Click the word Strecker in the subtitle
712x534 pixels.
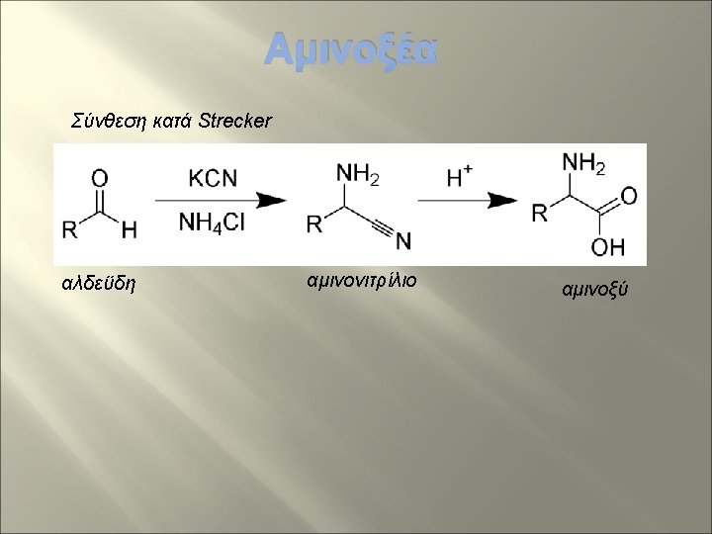coord(237,122)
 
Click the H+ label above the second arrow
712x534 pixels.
coord(459,177)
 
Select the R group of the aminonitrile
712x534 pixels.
coord(313,225)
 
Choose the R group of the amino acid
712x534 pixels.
coord(540,213)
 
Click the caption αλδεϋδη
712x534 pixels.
coord(99,285)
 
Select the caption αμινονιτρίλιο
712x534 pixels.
coord(362,281)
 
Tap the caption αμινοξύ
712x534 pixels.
coord(594,290)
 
